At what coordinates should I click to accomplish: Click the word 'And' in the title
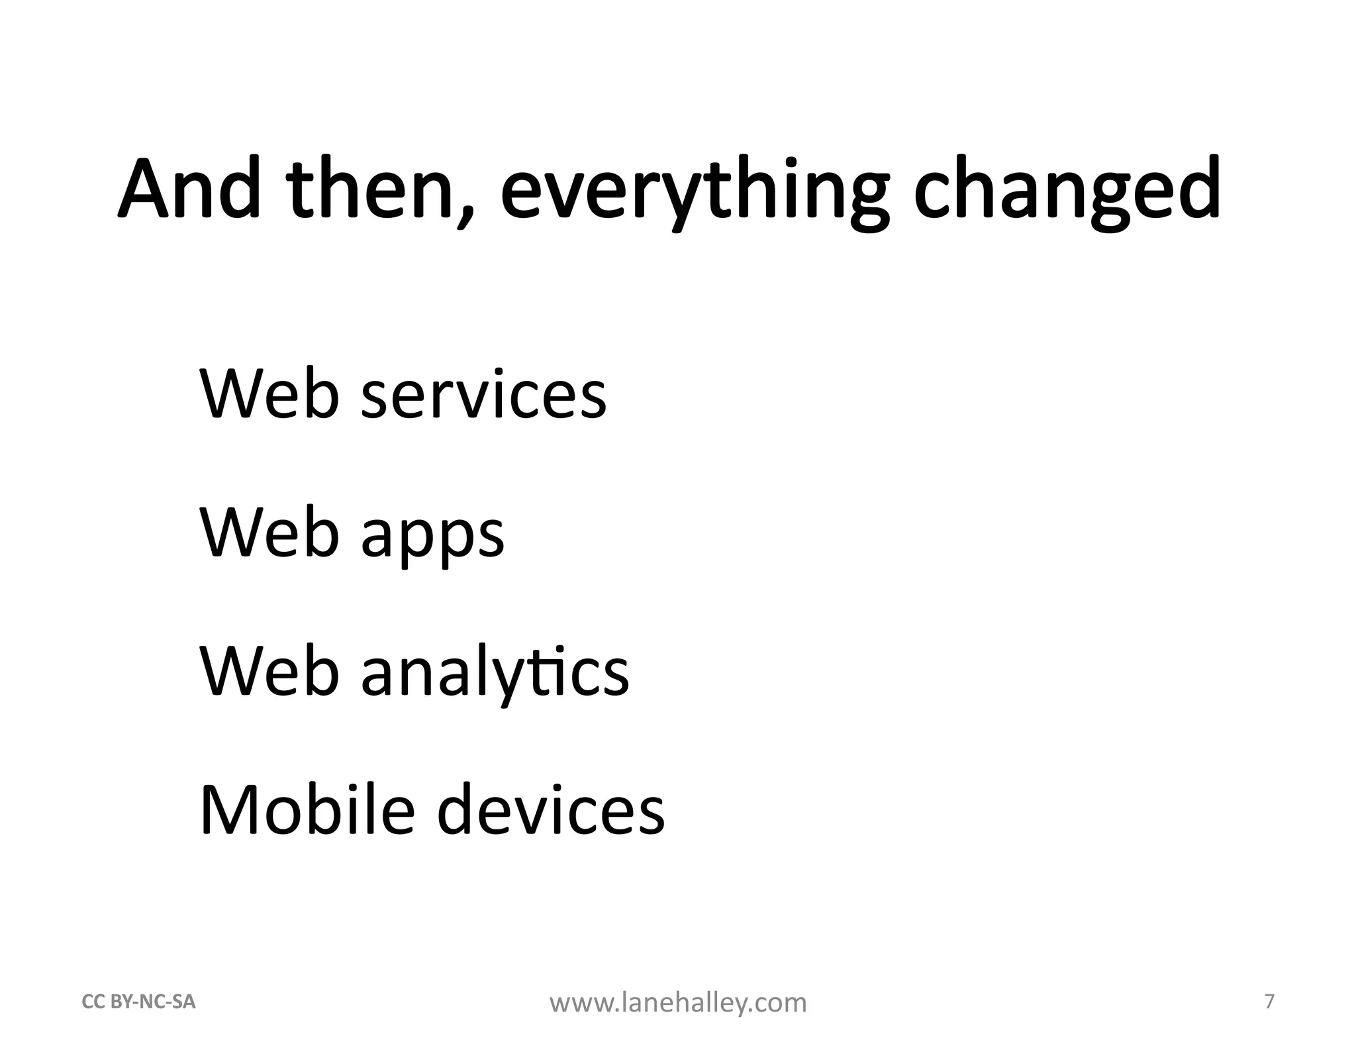pos(189,189)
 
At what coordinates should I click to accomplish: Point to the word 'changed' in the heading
pos(1067,189)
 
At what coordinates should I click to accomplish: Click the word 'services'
pos(483,394)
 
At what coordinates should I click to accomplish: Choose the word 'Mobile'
pos(307,810)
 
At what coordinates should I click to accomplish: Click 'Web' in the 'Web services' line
pos(269,394)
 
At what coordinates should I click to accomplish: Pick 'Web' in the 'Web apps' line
pos(269,533)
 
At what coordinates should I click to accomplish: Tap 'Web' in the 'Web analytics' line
pos(269,672)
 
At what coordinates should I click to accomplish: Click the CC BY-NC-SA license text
pos(138,1002)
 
